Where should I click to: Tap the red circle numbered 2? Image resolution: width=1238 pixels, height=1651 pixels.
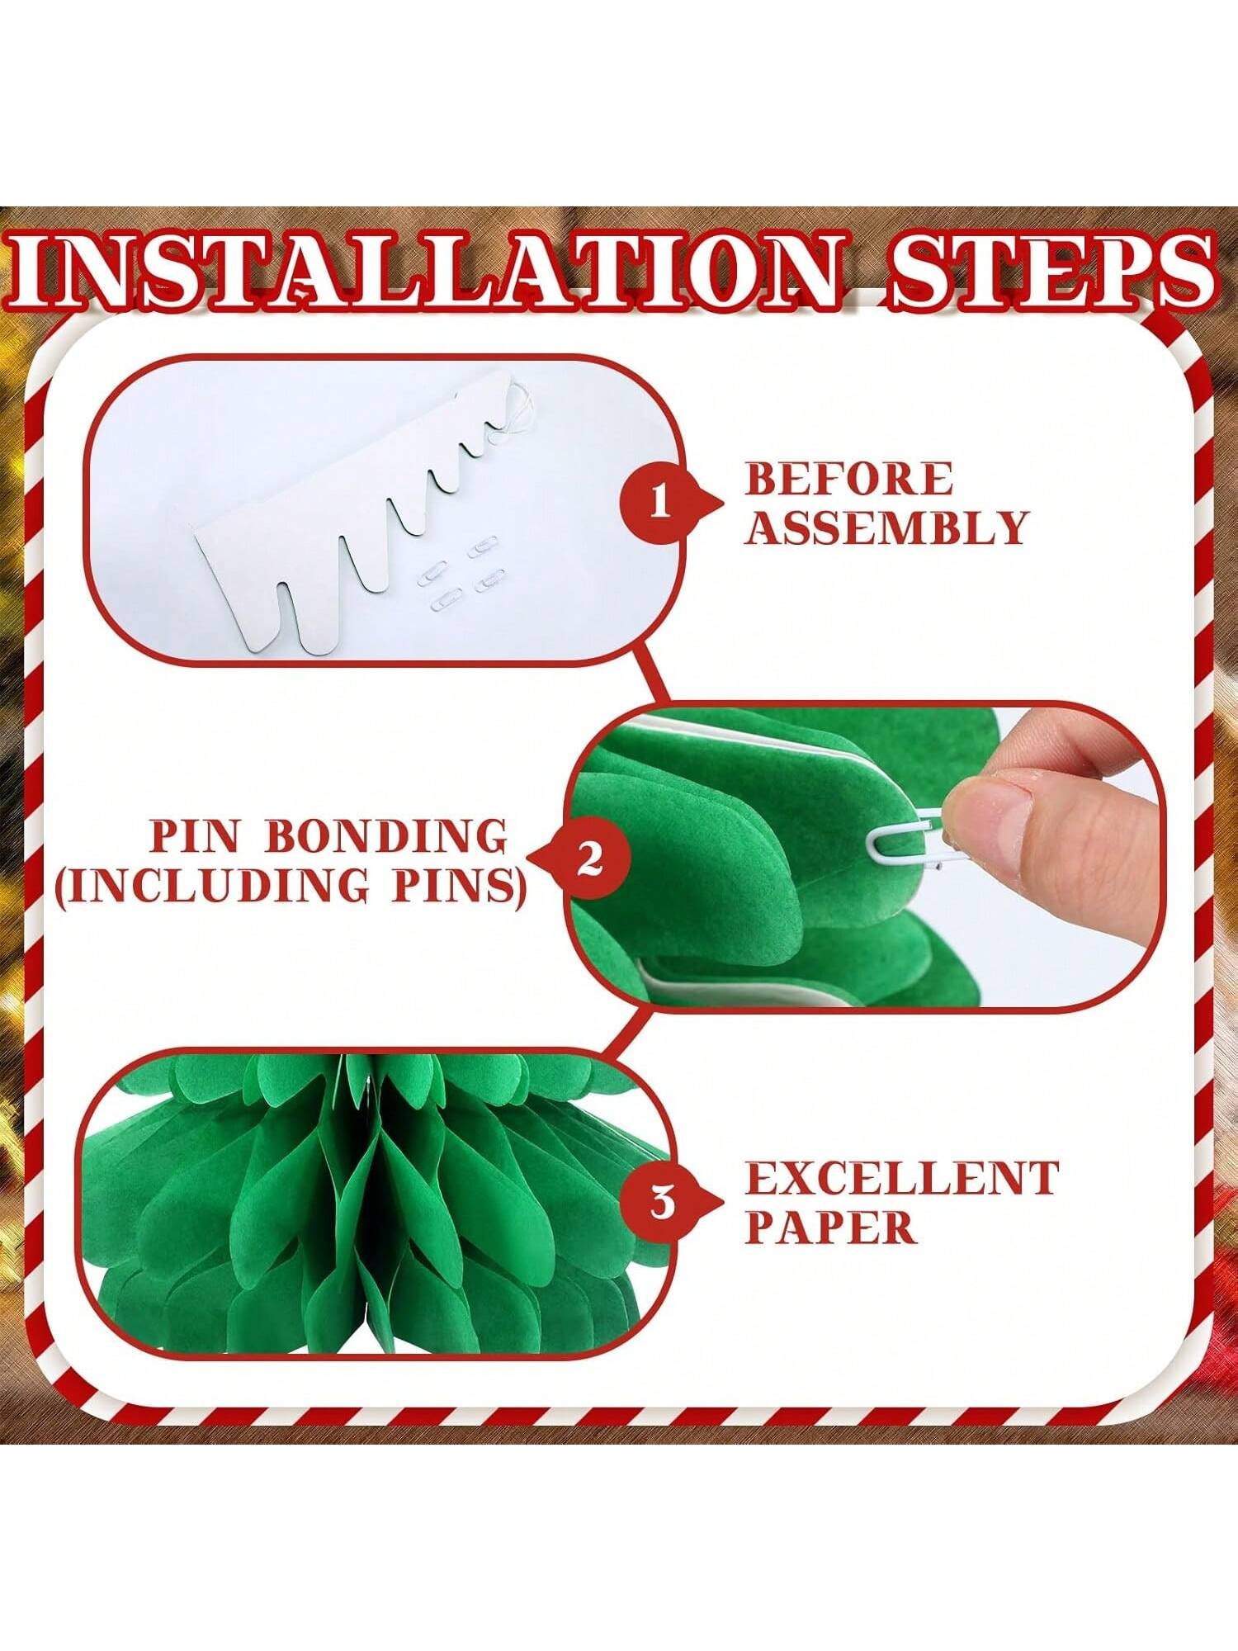(x=589, y=859)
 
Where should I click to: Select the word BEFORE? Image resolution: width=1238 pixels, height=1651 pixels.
(x=849, y=479)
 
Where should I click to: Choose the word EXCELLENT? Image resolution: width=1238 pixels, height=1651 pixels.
(x=902, y=1178)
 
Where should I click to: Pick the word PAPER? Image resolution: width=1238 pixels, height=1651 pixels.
(x=830, y=1227)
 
